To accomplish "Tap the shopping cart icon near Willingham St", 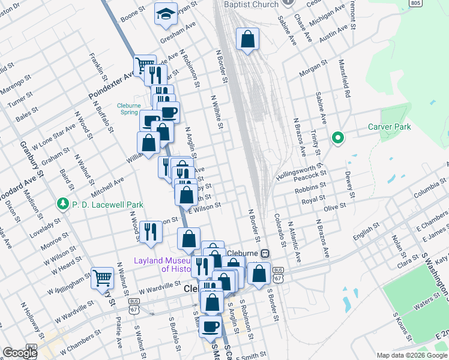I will pyautogui.click(x=103, y=277).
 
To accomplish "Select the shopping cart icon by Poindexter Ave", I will pyautogui.click(x=144, y=65).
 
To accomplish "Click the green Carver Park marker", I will pyautogui.click(x=338, y=139).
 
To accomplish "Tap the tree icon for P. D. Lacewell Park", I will pyautogui.click(x=62, y=205).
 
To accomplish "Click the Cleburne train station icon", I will pyautogui.click(x=265, y=253).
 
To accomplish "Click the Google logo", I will pyautogui.click(x=20, y=353).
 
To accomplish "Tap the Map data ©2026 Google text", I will pyautogui.click(x=411, y=355).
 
